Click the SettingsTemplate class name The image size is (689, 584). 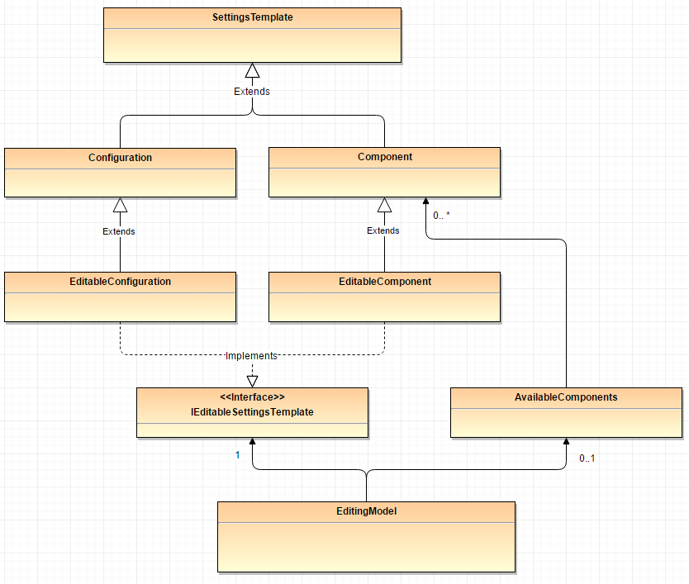pos(252,17)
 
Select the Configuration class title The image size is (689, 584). pos(120,157)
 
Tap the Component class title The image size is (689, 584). pos(384,156)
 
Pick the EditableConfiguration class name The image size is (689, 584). pos(120,282)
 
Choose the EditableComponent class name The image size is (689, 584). pos(384,282)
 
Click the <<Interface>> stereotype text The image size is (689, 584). pos(252,397)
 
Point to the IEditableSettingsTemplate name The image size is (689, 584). pos(252,411)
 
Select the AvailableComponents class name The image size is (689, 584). pos(566,397)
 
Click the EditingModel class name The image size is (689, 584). pos(366,511)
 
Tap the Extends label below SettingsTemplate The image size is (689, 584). pos(252,92)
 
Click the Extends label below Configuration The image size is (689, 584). pos(119,231)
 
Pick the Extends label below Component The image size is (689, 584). pos(383,230)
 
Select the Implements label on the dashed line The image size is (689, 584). pos(252,356)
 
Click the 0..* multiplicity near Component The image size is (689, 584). pos(441,216)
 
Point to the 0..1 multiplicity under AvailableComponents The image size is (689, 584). pos(587,458)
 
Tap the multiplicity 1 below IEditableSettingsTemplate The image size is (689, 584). pos(237,454)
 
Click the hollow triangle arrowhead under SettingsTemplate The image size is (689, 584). pos(252,71)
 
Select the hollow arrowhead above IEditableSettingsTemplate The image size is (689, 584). pos(252,381)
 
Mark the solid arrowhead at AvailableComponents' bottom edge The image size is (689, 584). pos(566,443)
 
